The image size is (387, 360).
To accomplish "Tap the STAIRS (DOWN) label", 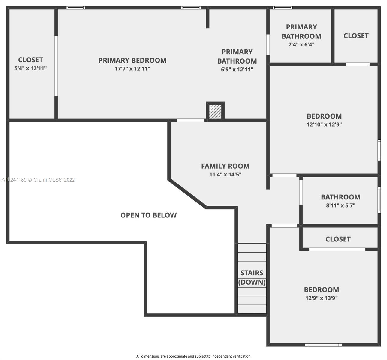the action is (x=252, y=277).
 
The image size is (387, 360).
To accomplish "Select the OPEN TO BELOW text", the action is (x=149, y=215).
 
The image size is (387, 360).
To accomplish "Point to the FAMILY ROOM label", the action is (x=225, y=166).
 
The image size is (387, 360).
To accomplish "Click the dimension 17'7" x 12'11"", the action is (x=132, y=69).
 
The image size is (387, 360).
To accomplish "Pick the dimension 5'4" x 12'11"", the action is (x=30, y=68).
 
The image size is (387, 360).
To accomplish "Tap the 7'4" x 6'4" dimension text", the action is (x=301, y=44).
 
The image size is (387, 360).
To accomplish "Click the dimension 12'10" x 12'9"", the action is (x=324, y=124).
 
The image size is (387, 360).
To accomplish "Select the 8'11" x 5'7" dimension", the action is (x=341, y=205).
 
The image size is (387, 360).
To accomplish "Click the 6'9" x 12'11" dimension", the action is (x=237, y=69).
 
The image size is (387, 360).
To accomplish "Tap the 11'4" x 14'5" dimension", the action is (x=225, y=174).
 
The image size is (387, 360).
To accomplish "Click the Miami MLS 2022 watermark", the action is (x=38, y=180).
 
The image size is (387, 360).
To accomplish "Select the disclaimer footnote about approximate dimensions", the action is (x=193, y=356).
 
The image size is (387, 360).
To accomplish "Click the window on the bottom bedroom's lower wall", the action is (x=323, y=345).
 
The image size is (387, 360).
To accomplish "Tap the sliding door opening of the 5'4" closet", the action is (x=56, y=66).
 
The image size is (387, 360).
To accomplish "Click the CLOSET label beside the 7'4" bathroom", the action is (x=356, y=36).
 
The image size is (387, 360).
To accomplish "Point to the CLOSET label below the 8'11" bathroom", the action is (x=338, y=239).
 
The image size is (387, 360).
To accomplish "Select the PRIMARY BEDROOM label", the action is (x=132, y=60).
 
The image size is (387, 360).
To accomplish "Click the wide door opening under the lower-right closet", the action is (x=337, y=249).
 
